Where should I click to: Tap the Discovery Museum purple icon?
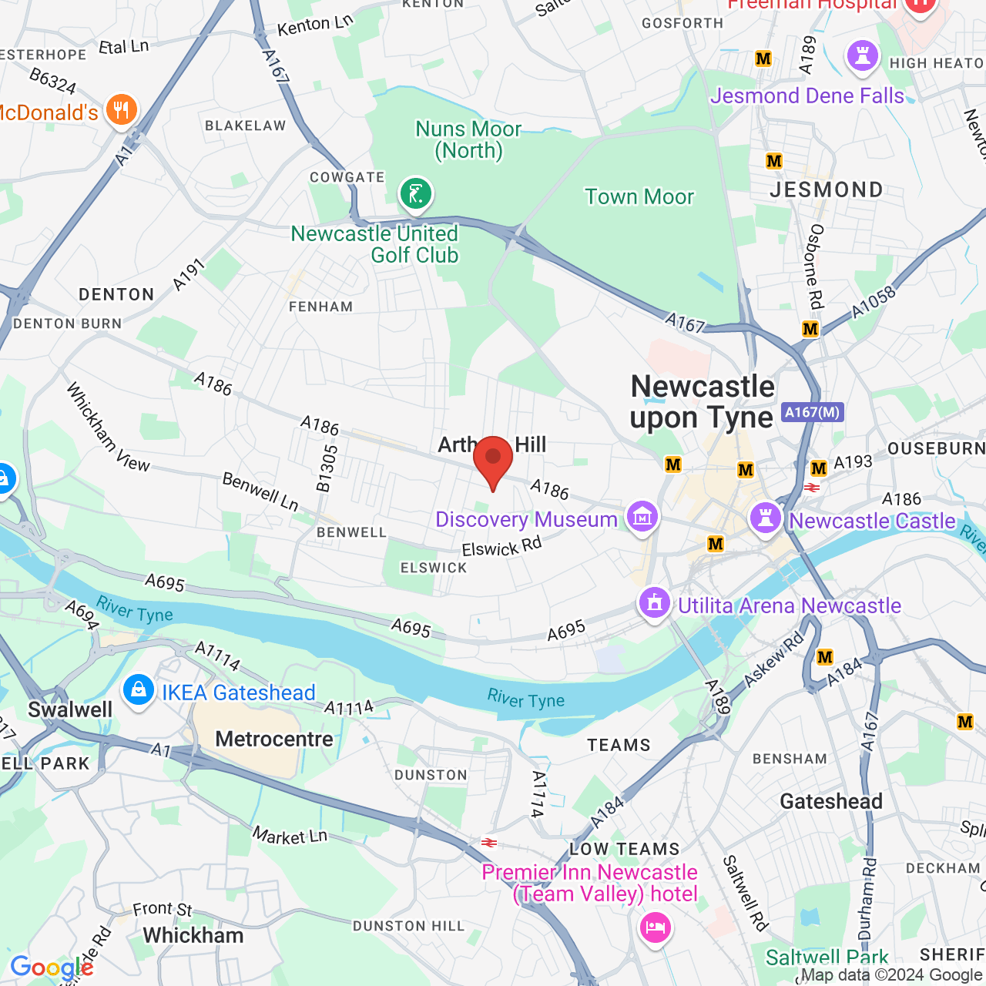click(642, 518)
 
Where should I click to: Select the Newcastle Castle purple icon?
click(765, 518)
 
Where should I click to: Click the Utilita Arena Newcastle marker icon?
click(655, 603)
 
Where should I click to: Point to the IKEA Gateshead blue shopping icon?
click(139, 689)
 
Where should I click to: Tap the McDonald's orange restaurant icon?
click(121, 110)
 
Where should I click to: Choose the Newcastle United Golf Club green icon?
click(416, 193)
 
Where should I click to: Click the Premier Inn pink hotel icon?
click(655, 927)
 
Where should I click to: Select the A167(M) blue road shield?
click(812, 412)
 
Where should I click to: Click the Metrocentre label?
click(274, 739)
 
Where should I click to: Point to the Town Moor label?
click(639, 197)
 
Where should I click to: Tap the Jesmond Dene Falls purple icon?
click(862, 57)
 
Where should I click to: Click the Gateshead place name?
click(831, 802)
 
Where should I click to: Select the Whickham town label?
click(193, 936)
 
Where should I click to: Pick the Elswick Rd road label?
click(501, 548)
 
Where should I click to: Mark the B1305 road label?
click(327, 468)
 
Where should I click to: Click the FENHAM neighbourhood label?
click(320, 307)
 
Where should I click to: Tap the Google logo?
click(52, 968)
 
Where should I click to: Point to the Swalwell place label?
click(70, 709)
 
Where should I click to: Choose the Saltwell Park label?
click(827, 957)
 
